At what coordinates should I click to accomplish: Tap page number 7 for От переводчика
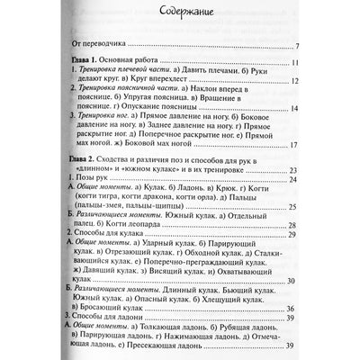pos(320,43)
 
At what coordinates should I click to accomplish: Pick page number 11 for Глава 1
pos(319,62)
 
